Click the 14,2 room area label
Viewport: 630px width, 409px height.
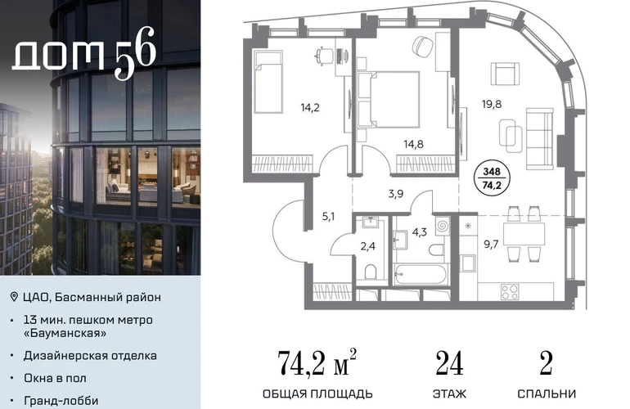point(310,108)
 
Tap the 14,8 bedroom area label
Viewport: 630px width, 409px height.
point(413,144)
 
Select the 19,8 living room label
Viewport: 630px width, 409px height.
point(492,105)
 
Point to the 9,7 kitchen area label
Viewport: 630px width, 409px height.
point(491,245)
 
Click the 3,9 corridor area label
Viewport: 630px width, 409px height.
point(396,194)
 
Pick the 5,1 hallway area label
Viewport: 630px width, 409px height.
point(328,217)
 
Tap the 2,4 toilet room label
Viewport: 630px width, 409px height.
point(367,246)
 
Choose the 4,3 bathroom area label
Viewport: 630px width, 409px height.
point(419,232)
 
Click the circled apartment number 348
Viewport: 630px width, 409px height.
point(492,172)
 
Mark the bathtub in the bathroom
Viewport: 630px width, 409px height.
point(420,275)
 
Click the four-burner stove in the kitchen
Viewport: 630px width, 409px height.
point(510,292)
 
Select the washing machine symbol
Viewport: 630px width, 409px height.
point(442,226)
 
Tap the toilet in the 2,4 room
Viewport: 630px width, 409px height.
point(371,272)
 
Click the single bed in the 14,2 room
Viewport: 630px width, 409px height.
point(268,82)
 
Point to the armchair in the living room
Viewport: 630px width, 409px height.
point(505,74)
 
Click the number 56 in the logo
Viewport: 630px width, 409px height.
point(135,52)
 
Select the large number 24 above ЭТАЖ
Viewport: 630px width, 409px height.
point(450,363)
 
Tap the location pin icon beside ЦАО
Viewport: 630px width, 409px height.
point(14,297)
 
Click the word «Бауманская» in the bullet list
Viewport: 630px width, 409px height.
point(65,333)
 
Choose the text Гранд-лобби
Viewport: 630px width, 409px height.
point(61,401)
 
